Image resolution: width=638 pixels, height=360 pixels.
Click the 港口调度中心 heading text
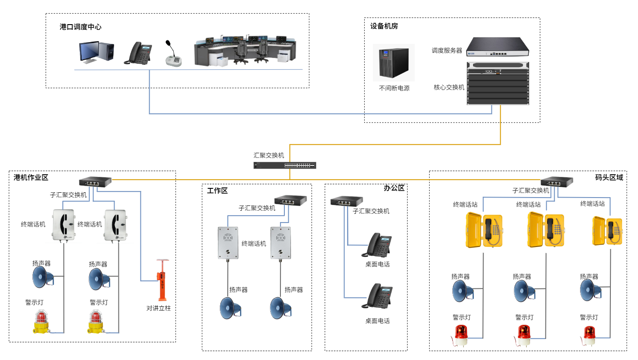(x=81, y=27)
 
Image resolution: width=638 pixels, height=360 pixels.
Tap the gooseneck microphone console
(x=174, y=55)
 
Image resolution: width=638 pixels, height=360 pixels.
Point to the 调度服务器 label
(x=447, y=50)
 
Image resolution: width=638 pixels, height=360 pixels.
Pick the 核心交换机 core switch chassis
(x=498, y=83)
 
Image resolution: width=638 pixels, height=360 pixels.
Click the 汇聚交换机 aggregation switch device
(x=285, y=166)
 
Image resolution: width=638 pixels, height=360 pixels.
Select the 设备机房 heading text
(x=384, y=26)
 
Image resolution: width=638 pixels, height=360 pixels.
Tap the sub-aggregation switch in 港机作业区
(x=95, y=182)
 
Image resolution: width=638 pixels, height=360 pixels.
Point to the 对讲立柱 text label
(x=158, y=308)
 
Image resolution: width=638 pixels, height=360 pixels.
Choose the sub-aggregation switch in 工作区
(x=290, y=200)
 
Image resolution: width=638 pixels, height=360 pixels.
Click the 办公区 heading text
(x=394, y=188)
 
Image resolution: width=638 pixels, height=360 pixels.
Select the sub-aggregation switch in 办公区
(x=347, y=202)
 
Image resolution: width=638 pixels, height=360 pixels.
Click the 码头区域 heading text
(x=609, y=177)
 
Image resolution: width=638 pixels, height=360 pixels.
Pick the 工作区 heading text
(x=217, y=191)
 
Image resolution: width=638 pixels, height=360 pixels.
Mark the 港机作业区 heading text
(x=31, y=177)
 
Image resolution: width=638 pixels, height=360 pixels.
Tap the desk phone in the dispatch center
(x=138, y=53)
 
